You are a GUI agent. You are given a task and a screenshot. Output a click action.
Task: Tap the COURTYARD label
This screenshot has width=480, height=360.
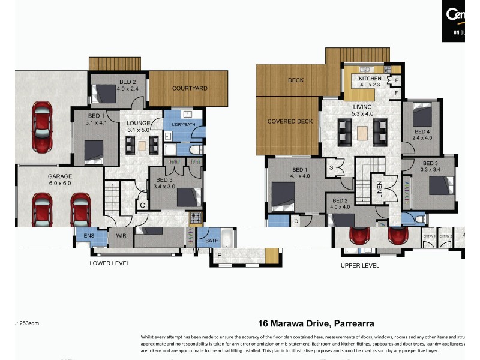(190, 89)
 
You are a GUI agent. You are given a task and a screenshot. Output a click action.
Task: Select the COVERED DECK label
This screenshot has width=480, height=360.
(290, 121)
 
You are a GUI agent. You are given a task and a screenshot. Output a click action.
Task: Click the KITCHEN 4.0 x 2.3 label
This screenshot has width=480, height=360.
(370, 82)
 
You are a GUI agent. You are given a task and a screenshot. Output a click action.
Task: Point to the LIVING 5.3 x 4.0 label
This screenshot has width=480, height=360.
(362, 110)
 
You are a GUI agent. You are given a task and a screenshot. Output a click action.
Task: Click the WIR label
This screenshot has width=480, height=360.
(120, 236)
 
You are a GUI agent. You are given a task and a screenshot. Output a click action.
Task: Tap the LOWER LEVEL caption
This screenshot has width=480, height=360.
(109, 263)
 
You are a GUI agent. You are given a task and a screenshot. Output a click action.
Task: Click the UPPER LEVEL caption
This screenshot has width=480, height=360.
(360, 265)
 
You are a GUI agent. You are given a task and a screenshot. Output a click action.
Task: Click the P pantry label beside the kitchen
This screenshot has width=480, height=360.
(397, 80)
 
